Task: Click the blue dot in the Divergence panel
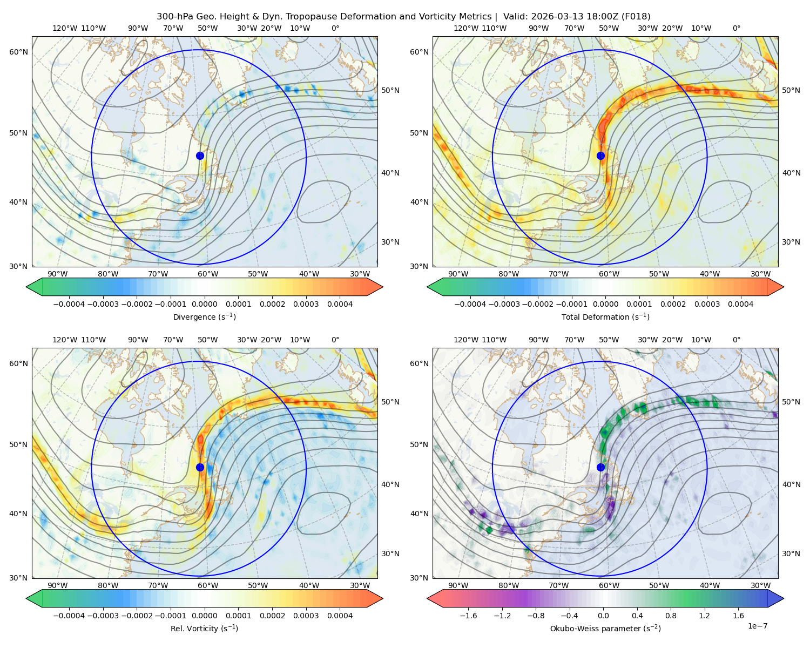(200, 156)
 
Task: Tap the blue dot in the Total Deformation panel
(600, 156)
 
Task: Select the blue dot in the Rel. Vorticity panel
(200, 467)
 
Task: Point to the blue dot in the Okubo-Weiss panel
(600, 467)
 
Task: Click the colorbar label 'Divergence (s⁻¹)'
(204, 317)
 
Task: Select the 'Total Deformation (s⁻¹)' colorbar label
(605, 317)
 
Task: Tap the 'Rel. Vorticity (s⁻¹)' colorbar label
(204, 629)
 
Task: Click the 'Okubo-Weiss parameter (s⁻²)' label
(605, 629)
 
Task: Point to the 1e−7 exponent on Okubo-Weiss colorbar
(757, 626)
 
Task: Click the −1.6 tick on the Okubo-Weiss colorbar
(468, 616)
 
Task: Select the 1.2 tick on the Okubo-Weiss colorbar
(704, 616)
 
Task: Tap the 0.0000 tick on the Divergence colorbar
(204, 304)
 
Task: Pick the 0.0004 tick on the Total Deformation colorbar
(740, 304)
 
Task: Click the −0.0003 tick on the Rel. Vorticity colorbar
(103, 616)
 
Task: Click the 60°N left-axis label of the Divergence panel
(18, 52)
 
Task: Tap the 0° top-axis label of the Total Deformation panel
(736, 28)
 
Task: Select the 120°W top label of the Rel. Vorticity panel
(65, 340)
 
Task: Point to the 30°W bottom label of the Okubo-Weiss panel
(761, 585)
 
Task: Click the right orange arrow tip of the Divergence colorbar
(383, 287)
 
